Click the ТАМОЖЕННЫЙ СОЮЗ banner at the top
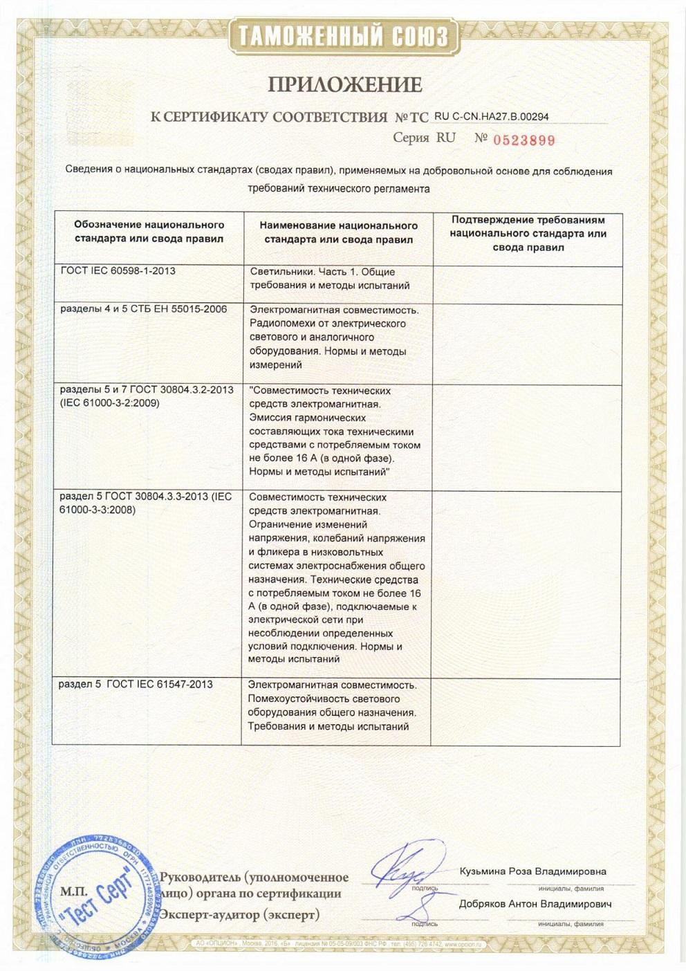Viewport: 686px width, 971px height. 344,35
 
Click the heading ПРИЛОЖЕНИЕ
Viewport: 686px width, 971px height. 344,84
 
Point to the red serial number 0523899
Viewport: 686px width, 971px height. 524,140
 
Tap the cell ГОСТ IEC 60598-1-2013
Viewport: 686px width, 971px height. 118,271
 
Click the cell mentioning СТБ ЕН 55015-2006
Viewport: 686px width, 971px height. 143,309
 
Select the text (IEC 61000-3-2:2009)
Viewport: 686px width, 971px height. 109,403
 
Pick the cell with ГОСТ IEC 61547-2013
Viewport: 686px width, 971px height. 136,685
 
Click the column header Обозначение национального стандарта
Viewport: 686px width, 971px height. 149,232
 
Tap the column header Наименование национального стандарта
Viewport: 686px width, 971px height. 338,232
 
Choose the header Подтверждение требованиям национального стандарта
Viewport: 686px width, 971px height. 528,233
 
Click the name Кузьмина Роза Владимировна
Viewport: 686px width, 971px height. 532,871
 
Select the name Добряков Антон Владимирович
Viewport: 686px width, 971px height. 535,904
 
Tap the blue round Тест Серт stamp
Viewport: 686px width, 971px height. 98,896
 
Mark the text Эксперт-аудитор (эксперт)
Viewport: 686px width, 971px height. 240,915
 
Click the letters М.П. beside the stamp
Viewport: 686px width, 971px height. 73,892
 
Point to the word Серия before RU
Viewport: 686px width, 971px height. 411,138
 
